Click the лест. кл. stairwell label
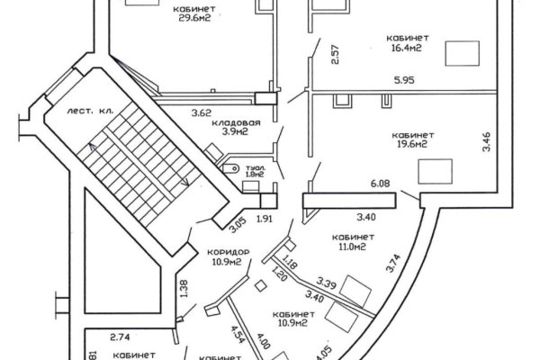pos(87,111)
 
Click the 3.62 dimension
pos(202,113)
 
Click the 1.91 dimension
pos(265,219)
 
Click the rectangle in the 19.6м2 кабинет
pos(437,170)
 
